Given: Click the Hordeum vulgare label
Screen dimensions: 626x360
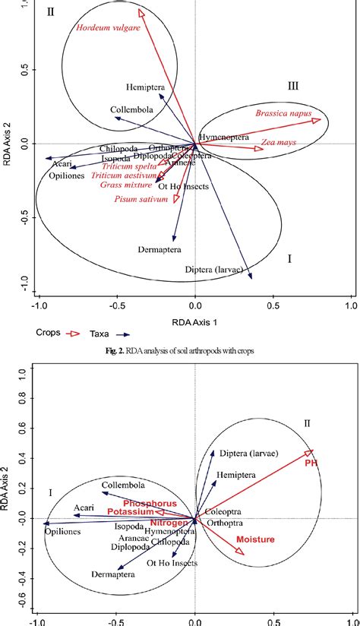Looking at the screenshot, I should tap(108, 28).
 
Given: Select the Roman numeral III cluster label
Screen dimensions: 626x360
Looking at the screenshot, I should tap(293, 87).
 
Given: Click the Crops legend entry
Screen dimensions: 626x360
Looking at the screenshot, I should tap(48, 333).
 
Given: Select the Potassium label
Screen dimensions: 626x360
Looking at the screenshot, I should tap(130, 513).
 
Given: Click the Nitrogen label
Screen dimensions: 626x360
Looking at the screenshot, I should tap(169, 523).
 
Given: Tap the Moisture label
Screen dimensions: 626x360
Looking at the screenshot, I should tap(254, 539).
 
